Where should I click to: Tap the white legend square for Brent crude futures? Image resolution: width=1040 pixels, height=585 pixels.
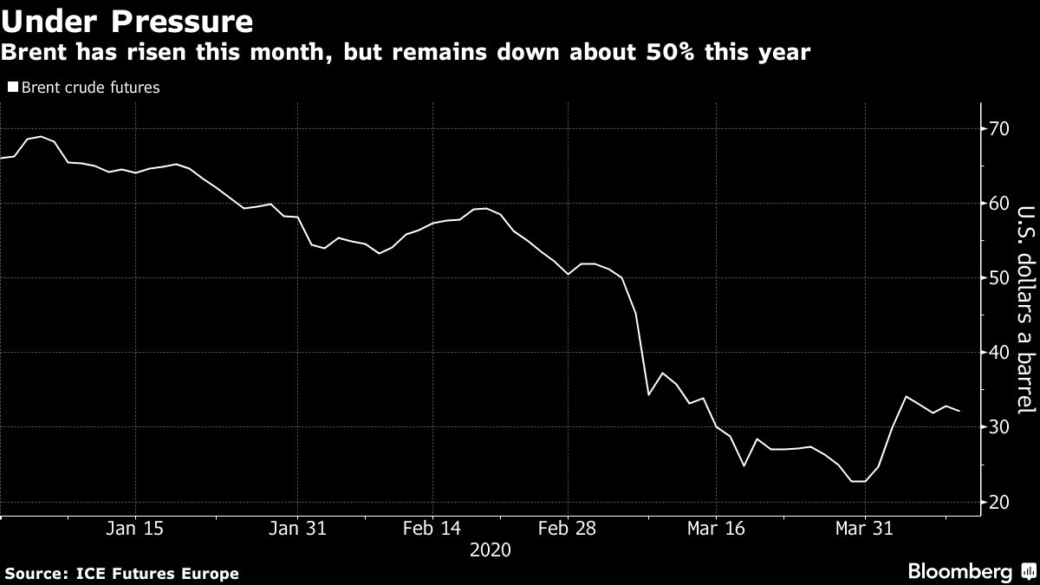(x=12, y=88)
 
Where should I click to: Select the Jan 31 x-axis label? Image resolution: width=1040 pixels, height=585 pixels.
(x=297, y=529)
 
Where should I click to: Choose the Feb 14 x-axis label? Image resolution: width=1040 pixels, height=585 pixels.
(x=433, y=529)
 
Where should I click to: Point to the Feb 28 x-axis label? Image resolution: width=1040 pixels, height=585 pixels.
(x=568, y=529)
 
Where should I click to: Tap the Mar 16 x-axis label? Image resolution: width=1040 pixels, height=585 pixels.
(x=716, y=529)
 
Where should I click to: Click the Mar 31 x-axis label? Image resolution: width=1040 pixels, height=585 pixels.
(x=864, y=529)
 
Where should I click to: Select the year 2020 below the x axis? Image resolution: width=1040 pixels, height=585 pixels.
(x=490, y=549)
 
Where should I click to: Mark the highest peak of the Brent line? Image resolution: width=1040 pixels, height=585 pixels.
(x=41, y=137)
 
